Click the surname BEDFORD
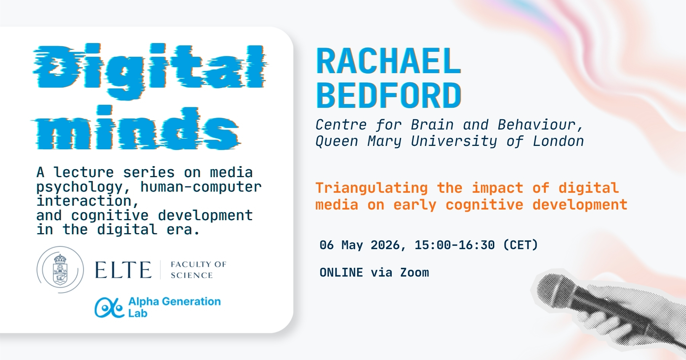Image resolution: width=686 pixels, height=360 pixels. click(388, 95)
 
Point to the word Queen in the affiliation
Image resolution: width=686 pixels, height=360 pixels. click(337, 142)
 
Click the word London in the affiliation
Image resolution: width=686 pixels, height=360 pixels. click(558, 141)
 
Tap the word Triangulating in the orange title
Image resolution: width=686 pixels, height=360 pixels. click(372, 188)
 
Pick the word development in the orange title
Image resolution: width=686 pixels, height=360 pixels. click(580, 205)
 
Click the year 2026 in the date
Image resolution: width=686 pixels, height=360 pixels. click(385, 245)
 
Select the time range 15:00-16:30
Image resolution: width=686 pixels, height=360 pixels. click(454, 245)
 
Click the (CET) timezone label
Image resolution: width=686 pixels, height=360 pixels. click(521, 245)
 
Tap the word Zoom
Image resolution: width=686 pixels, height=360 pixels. click(414, 273)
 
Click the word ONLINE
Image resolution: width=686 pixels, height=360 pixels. click(341, 273)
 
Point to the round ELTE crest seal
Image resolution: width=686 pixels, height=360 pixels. click(60, 270)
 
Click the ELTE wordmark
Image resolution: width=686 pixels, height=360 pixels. click(123, 270)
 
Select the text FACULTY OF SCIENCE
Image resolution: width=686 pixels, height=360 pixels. click(198, 270)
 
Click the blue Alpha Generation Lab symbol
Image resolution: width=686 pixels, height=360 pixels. click(109, 307)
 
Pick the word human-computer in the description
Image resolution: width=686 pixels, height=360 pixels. click(201, 187)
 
